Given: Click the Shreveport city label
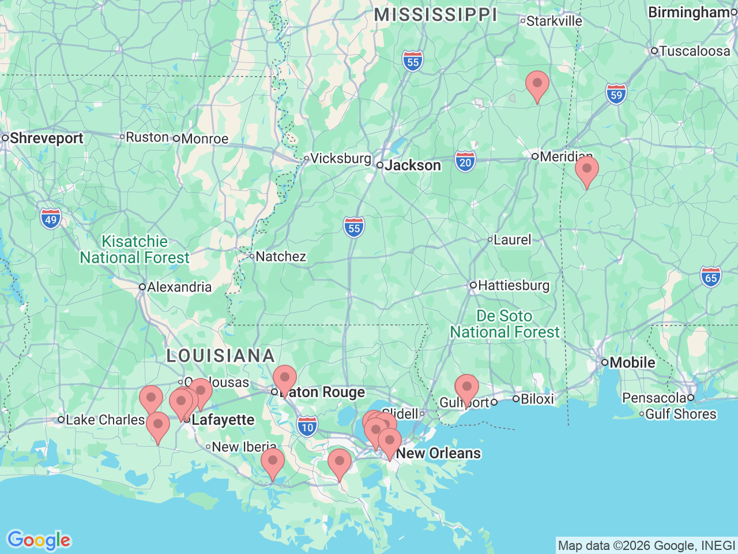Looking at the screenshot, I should click(46, 138).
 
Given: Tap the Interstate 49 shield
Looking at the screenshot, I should click(51, 219).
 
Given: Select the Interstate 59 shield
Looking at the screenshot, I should click(616, 95).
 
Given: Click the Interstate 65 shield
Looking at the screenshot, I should click(711, 278).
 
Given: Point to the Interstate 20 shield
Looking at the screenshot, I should click(465, 162).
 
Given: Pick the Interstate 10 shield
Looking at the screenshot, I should click(307, 427).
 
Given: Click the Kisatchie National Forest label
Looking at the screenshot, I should click(134, 249).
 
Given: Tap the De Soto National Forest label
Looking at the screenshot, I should click(504, 324).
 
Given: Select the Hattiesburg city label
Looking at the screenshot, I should click(513, 285).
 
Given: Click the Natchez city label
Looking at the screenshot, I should click(280, 256).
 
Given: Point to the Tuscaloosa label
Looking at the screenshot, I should click(694, 51).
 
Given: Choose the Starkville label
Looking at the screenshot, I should click(554, 21).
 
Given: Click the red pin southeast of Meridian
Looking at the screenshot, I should click(586, 170).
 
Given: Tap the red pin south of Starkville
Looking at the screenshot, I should click(537, 84).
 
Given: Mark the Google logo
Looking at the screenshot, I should click(39, 541).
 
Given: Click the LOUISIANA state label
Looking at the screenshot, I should click(220, 355).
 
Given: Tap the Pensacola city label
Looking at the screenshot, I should click(654, 398).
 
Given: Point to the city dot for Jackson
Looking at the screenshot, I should click(380, 165).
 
